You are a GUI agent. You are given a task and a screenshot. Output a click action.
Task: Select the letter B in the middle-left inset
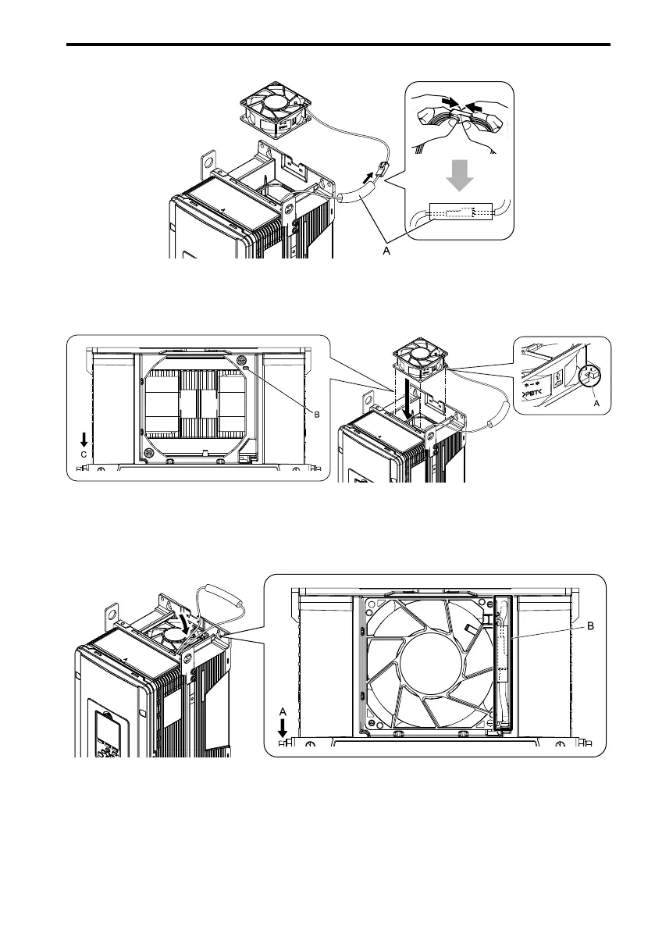point(317,415)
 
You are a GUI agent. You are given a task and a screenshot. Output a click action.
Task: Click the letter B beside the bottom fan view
point(590,625)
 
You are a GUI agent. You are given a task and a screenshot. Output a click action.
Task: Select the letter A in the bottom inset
point(283,710)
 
